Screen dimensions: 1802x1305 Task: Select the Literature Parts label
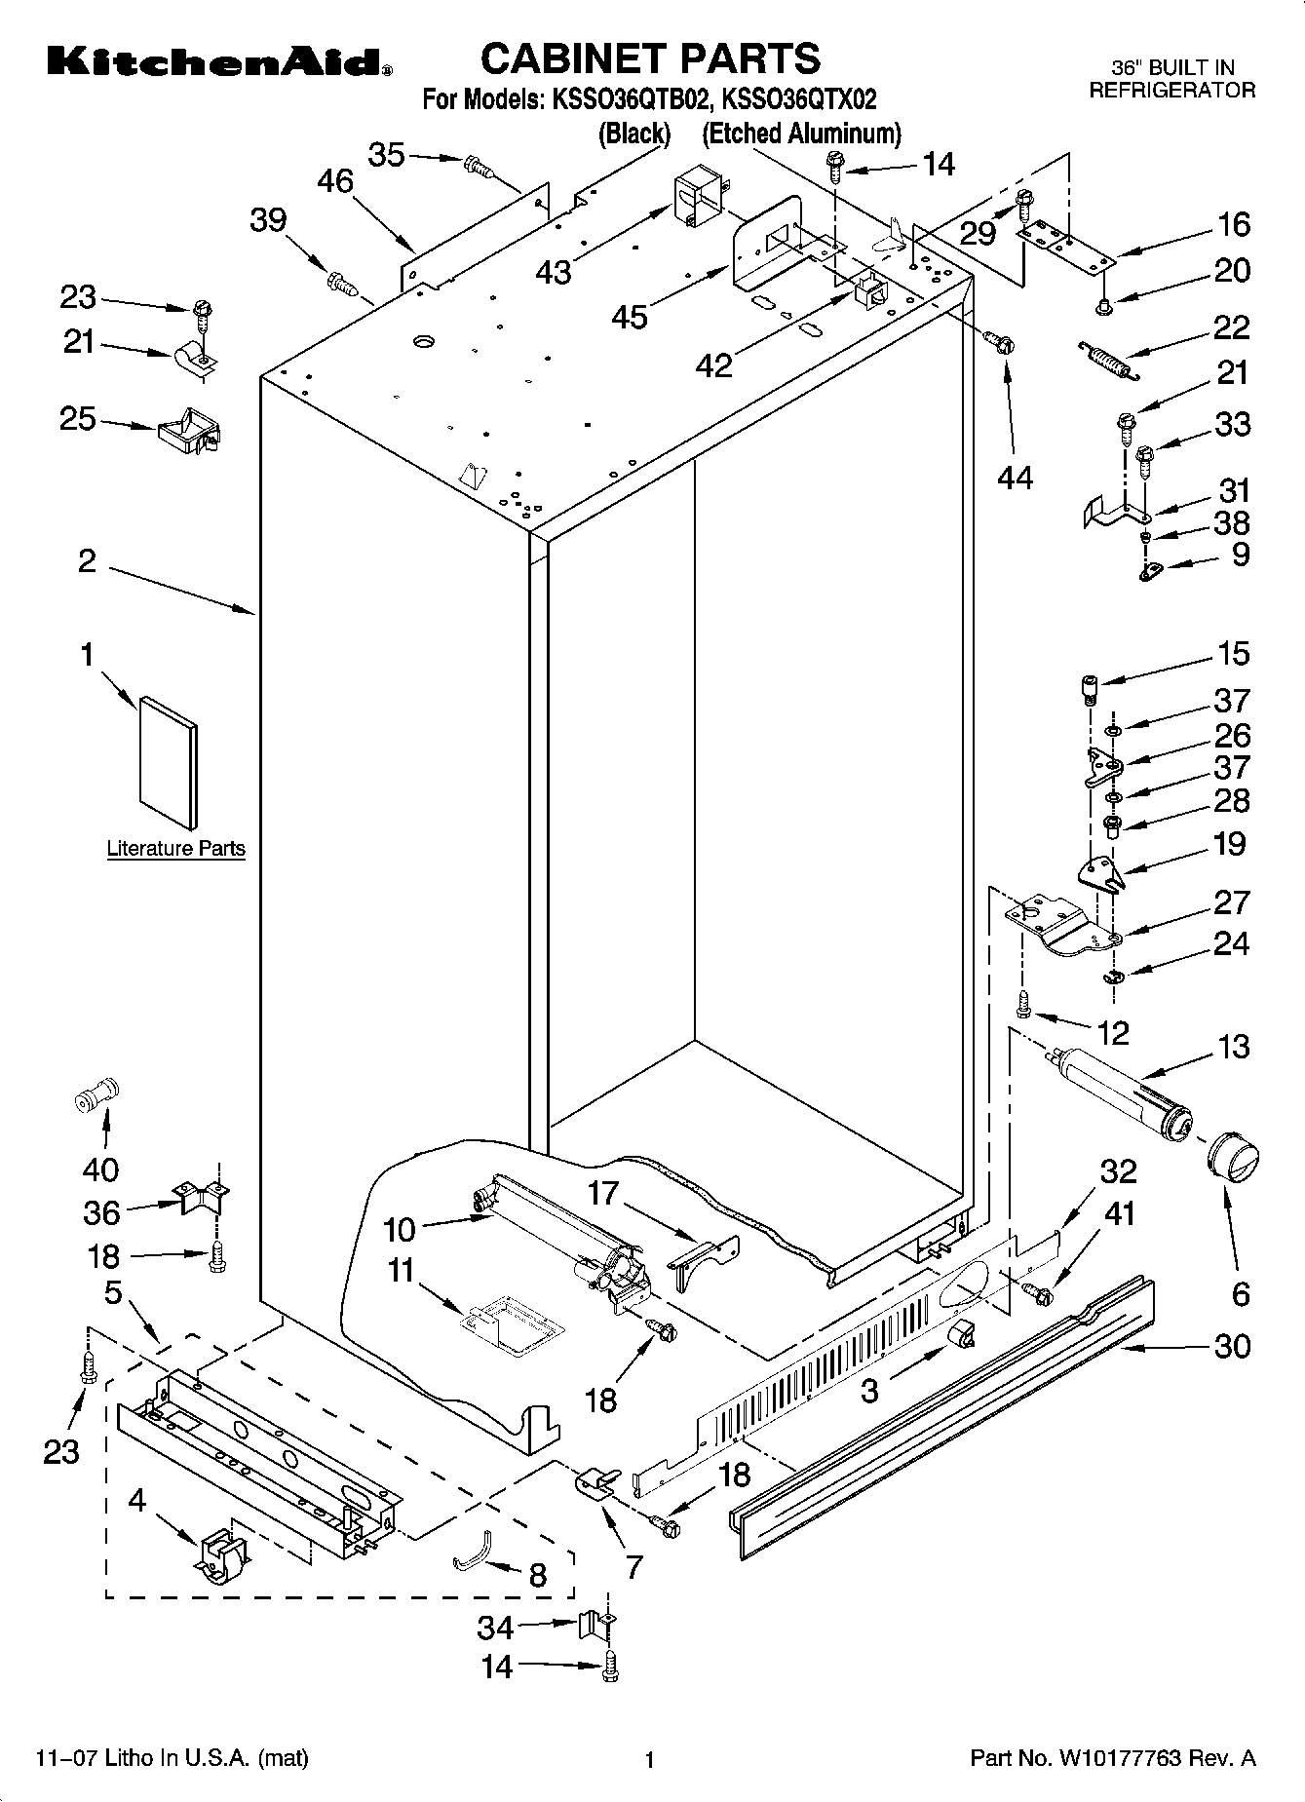coord(175,848)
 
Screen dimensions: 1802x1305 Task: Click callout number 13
coord(1233,1047)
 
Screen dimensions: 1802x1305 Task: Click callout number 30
coord(1232,1346)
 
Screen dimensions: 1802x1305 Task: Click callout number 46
coord(336,181)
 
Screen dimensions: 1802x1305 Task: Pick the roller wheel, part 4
coord(222,1555)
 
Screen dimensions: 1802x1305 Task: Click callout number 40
coord(100,1169)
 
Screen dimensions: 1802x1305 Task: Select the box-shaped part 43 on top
coord(693,200)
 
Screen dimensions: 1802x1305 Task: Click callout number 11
coord(400,1271)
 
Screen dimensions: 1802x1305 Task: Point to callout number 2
coord(88,561)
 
